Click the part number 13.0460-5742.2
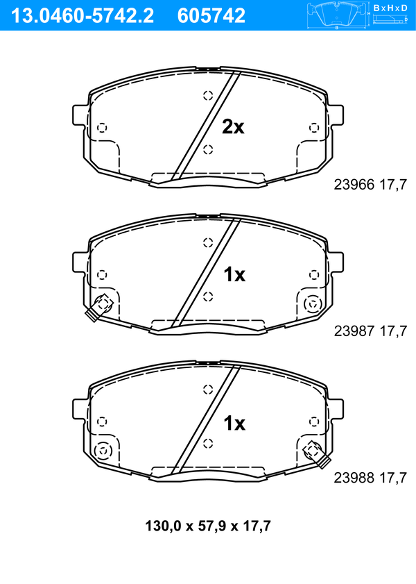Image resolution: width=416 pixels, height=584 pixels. [x=83, y=16]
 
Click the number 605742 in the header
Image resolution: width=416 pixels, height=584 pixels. [x=211, y=16]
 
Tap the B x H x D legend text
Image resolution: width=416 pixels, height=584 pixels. [x=390, y=8]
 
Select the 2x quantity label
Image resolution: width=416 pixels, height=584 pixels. [x=233, y=127]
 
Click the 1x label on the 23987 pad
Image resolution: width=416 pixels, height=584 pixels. [x=234, y=275]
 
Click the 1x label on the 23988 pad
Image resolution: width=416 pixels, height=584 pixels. [x=234, y=424]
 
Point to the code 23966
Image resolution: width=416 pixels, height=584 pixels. [x=354, y=184]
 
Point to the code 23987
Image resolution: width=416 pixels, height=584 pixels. [x=354, y=331]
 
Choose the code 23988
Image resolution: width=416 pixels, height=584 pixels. [x=354, y=478]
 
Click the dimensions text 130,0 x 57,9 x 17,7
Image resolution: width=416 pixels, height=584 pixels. [x=208, y=526]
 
